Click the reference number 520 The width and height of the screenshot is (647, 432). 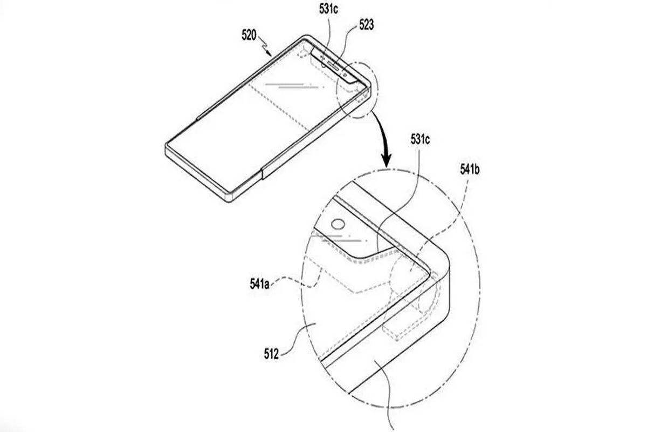pos(249,36)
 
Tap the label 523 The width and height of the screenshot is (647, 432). pos(367,25)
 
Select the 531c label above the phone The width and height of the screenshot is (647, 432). pos(328,9)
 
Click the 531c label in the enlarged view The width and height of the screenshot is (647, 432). pos(420,140)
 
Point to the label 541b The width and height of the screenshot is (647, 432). pos(470,170)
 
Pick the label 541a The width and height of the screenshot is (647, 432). pos(260,284)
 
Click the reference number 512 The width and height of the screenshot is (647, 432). pos(271,354)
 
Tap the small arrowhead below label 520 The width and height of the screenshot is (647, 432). pos(269,53)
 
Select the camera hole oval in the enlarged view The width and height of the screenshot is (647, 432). pos(338,224)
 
